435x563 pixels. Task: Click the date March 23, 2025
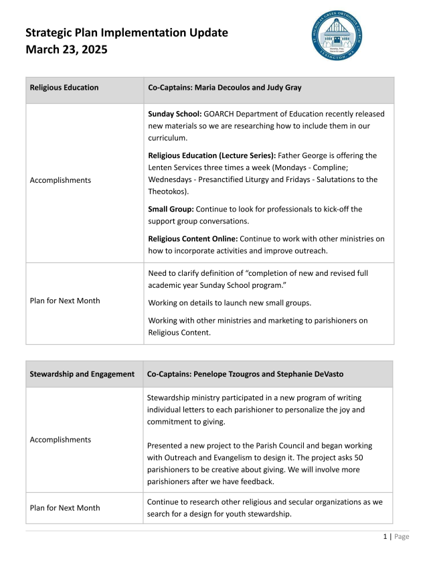[66, 50]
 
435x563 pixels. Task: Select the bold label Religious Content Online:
[193, 238]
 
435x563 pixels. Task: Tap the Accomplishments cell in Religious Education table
[61, 180]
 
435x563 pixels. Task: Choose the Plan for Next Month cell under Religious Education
[65, 301]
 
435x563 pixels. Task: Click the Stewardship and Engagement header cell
[82, 374]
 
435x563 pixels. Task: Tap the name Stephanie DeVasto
[324, 374]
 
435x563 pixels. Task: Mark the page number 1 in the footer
[385, 536]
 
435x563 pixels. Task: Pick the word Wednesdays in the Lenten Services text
[171, 179]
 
